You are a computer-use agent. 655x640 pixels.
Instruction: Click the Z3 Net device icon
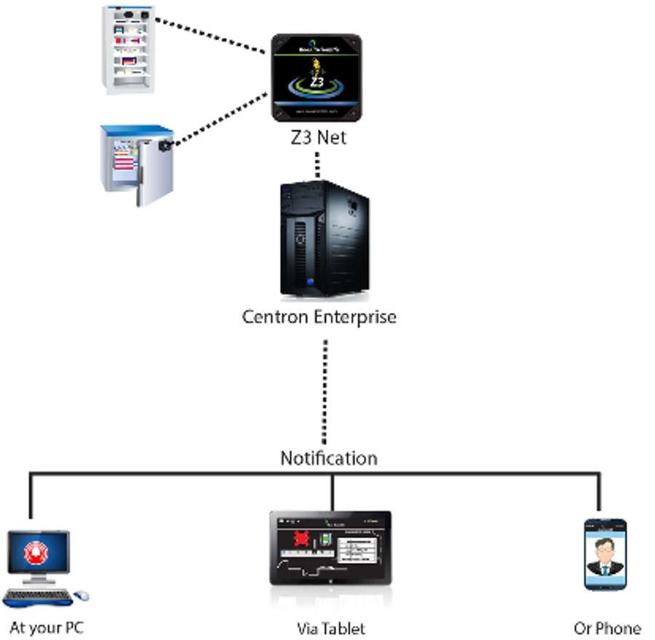[317, 78]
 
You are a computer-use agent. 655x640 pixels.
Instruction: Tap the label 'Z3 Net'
[317, 137]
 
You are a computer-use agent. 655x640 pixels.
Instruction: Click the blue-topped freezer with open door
[135, 165]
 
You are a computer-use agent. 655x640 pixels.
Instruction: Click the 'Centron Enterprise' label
[319, 317]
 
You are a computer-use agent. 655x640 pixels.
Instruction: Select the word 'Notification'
[329, 458]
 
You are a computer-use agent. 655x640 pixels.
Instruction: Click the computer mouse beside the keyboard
[81, 596]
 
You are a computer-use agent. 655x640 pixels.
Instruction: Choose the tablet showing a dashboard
[330, 549]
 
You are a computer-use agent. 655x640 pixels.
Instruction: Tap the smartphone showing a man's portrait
[606, 554]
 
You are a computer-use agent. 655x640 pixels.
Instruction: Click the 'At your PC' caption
[47, 628]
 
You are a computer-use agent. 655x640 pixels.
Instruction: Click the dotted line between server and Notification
[325, 385]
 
